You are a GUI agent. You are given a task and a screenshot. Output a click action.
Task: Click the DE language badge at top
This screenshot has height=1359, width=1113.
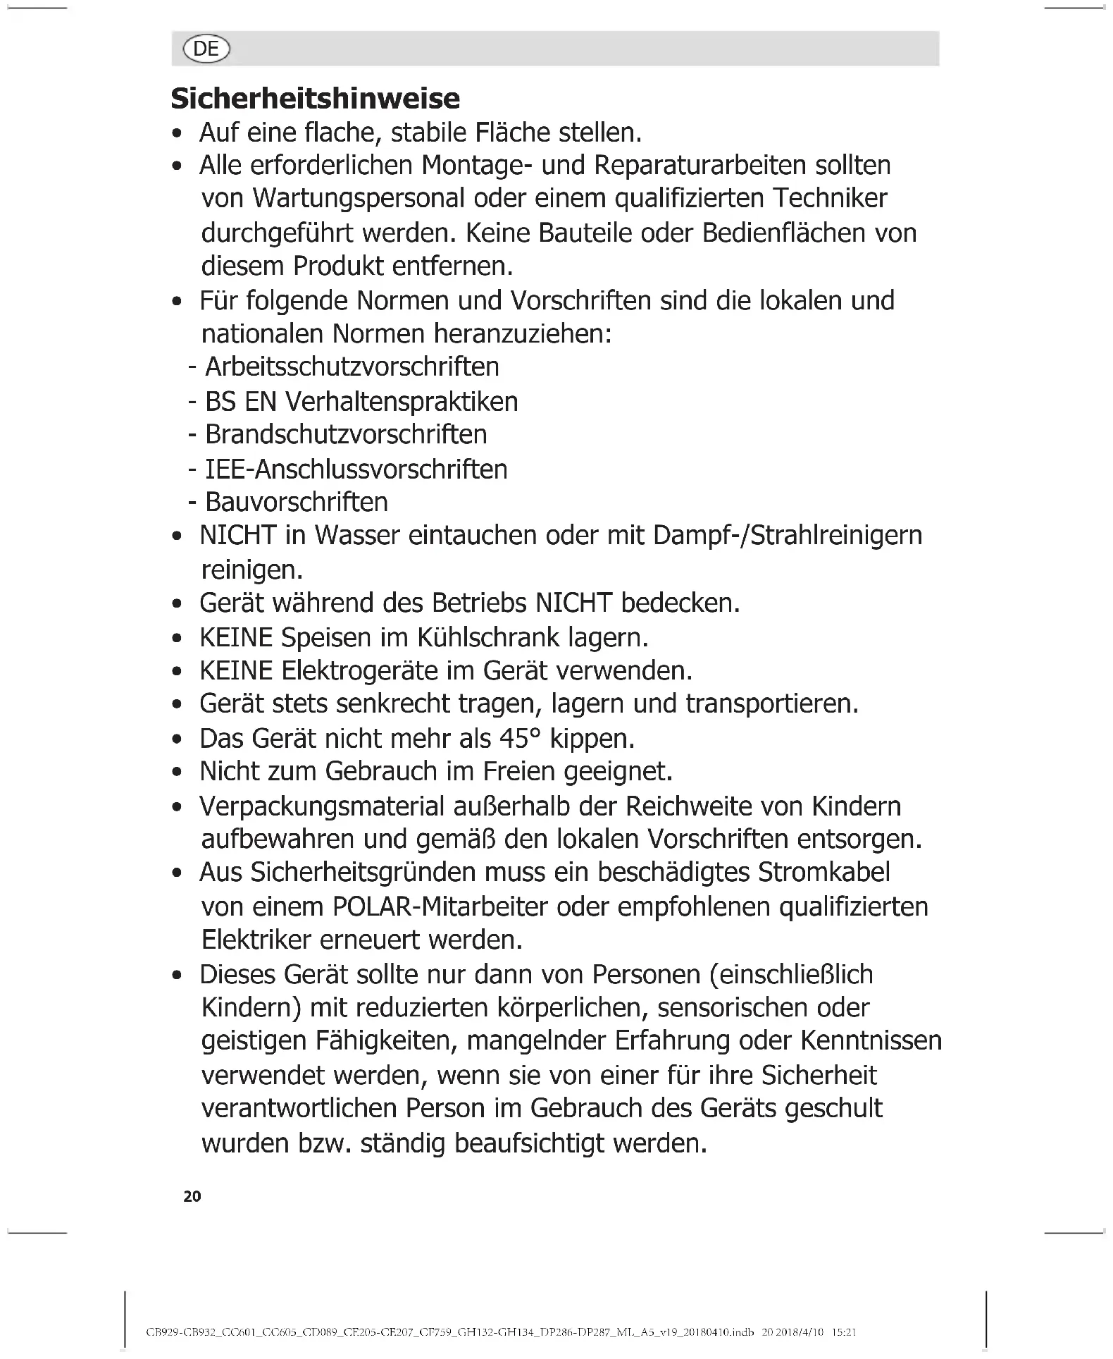coord(206,49)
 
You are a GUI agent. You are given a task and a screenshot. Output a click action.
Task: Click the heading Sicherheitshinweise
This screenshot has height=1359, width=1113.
coord(315,99)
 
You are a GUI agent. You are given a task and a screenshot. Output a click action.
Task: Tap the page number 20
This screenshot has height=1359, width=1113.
coord(192,1196)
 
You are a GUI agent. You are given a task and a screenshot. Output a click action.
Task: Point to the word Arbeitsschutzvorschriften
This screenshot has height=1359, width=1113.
coord(352,367)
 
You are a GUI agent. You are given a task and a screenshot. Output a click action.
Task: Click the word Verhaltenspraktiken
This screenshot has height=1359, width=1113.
coord(402,402)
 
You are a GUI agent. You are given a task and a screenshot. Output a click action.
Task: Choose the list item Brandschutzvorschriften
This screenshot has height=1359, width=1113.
coord(346,434)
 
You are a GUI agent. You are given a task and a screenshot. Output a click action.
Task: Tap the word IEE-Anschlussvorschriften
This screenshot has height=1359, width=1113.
coord(356,469)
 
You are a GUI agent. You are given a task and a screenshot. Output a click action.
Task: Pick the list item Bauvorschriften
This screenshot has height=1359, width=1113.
coord(297,503)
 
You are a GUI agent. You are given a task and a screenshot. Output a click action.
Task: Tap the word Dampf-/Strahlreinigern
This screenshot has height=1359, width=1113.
coord(788,536)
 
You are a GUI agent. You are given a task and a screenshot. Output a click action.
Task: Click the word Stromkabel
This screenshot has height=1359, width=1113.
coord(824,873)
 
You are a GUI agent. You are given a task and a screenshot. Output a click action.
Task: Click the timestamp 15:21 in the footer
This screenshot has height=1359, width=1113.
coord(843,1332)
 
